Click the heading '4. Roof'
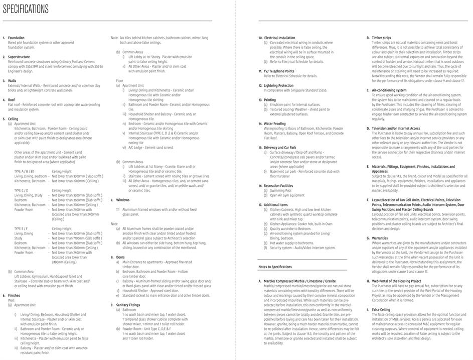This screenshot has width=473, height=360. point(12,99)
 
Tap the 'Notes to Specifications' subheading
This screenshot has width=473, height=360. point(275,267)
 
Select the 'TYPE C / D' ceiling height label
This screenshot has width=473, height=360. point(22,190)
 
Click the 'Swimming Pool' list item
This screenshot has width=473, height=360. point(281,190)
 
